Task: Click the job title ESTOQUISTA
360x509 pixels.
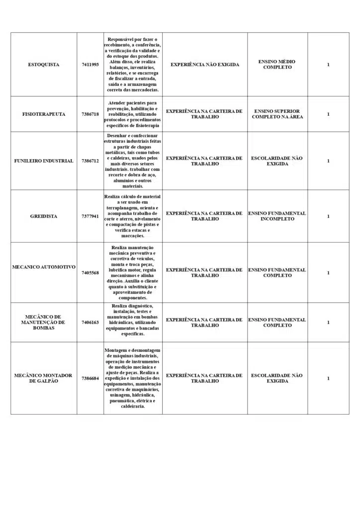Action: (44, 65)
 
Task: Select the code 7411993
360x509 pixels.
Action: (90, 65)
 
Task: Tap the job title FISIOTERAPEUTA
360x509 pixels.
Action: (44, 114)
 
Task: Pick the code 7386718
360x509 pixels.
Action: (90, 114)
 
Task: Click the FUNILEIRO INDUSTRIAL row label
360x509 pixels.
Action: (44, 161)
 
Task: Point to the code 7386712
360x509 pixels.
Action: (90, 161)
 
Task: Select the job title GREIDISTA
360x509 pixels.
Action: (44, 216)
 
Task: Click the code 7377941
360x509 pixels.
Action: (90, 216)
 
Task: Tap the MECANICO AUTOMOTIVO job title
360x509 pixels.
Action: (44, 267)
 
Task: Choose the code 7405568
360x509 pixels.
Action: (90, 273)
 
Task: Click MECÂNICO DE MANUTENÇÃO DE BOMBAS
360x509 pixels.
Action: (44, 322)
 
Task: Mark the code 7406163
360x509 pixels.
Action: (90, 323)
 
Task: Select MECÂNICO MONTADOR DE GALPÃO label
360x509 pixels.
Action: (44, 378)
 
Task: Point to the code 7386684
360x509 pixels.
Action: (90, 379)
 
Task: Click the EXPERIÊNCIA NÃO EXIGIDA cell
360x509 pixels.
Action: (205, 65)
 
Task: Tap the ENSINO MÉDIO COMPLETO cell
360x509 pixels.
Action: (277, 65)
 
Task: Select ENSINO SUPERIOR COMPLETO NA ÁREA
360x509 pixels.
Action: (277, 114)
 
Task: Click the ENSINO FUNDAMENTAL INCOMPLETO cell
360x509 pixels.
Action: (277, 216)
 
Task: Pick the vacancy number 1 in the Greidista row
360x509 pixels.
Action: (328, 216)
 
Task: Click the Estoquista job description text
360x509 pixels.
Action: (133, 65)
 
